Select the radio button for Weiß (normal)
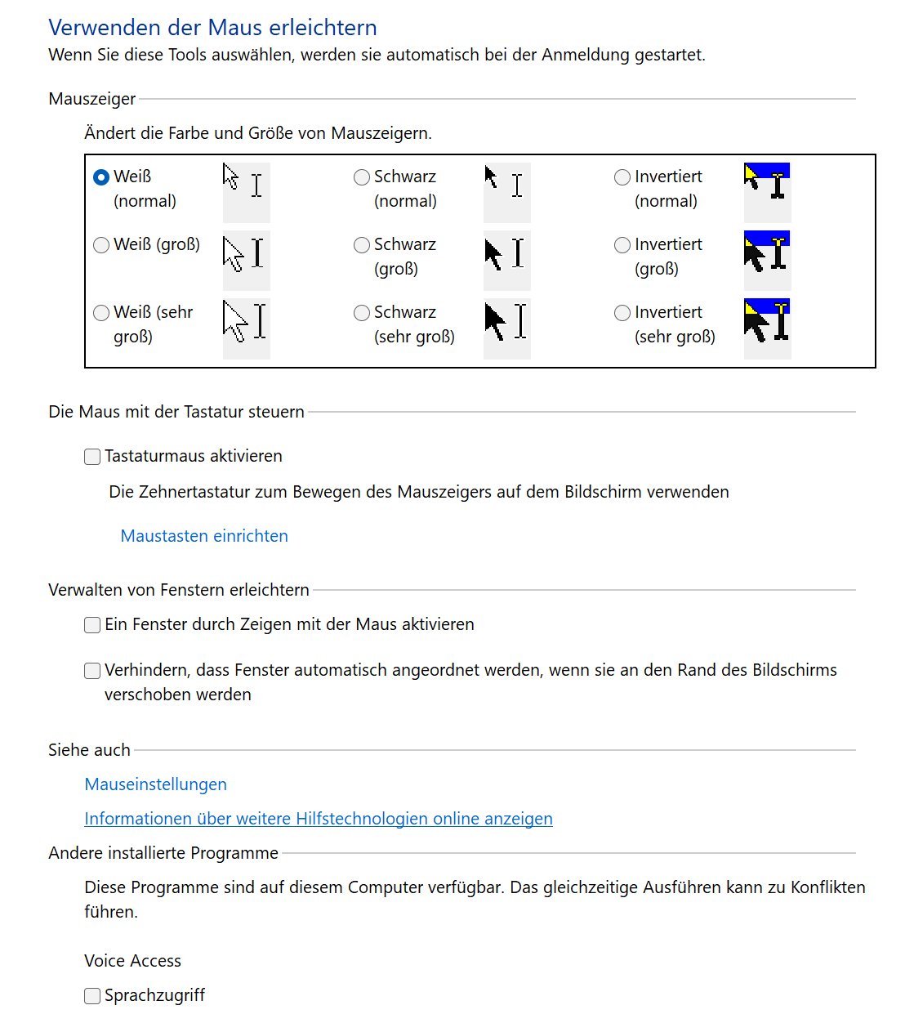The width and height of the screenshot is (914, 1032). pyautogui.click(x=101, y=177)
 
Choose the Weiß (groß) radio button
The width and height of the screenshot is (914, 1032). pyautogui.click(x=101, y=245)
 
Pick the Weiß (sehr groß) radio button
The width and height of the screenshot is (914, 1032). pyautogui.click(x=101, y=313)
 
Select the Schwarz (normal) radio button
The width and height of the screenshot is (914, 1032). pyautogui.click(x=362, y=177)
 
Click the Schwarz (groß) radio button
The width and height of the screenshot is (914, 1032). pyautogui.click(x=362, y=245)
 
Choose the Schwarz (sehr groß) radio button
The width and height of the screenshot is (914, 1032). pyautogui.click(x=362, y=313)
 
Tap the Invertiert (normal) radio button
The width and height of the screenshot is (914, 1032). pyautogui.click(x=622, y=177)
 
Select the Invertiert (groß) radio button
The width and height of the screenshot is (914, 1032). pyautogui.click(x=622, y=245)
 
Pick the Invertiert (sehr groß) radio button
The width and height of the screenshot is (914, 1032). pyautogui.click(x=622, y=313)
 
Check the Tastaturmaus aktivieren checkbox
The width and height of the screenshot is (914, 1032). pyautogui.click(x=92, y=457)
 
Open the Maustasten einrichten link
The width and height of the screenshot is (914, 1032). pyautogui.click(x=204, y=536)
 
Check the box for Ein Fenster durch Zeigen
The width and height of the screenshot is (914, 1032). pyautogui.click(x=92, y=625)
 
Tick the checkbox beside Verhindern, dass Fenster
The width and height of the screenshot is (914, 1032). pyautogui.click(x=92, y=671)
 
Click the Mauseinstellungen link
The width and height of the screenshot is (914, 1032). pyautogui.click(x=156, y=784)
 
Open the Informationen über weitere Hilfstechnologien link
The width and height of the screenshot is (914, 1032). pyautogui.click(x=319, y=819)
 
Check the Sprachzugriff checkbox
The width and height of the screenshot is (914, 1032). pyautogui.click(x=92, y=996)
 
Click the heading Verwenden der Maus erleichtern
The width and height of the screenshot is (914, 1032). pyautogui.click(x=212, y=28)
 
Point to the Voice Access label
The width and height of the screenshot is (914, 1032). pyautogui.click(x=132, y=961)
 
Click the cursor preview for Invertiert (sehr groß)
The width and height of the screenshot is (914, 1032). pyautogui.click(x=767, y=321)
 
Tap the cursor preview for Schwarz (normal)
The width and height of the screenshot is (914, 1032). pyautogui.click(x=506, y=185)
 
